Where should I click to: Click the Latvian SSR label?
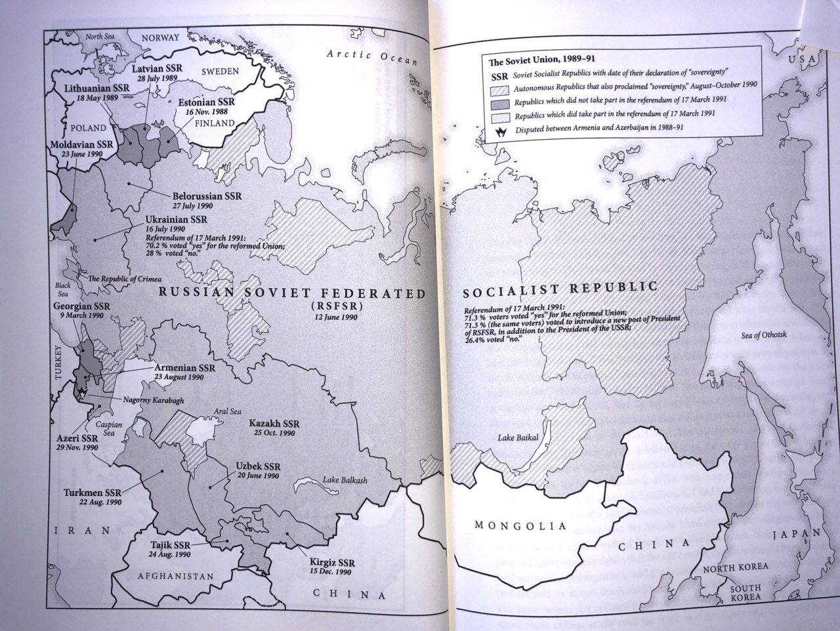[x=157, y=68]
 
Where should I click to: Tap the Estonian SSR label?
[x=206, y=103]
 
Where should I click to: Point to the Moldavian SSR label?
[x=81, y=144]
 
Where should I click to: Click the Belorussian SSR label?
[x=207, y=196]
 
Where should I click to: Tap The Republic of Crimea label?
[x=125, y=279]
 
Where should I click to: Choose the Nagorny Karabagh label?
[x=153, y=400]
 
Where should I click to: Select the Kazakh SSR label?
[x=274, y=424]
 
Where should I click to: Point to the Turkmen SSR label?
[x=93, y=493]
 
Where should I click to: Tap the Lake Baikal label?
[x=518, y=438]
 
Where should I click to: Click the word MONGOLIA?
[x=520, y=525]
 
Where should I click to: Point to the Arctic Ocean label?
[x=372, y=57]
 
